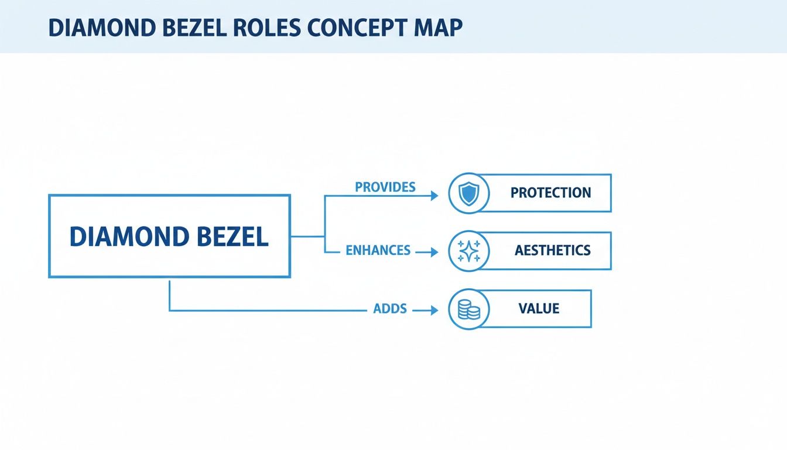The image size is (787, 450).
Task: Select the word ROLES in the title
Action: [281, 29]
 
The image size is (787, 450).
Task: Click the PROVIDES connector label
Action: [385, 187]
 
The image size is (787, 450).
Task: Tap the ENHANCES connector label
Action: [378, 251]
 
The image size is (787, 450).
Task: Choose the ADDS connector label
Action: [390, 308]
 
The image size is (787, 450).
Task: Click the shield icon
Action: [468, 193]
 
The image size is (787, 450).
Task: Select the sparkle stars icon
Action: [468, 251]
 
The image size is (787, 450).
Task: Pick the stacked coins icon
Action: [468, 309]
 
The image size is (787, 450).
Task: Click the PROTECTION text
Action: [550, 193]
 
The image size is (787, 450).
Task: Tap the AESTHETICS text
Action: [552, 251]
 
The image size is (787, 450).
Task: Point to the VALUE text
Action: [539, 309]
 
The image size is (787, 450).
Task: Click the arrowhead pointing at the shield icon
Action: [434, 196]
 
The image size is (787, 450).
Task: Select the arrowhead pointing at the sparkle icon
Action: [434, 252]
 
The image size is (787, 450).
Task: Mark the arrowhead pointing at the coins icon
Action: [434, 311]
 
